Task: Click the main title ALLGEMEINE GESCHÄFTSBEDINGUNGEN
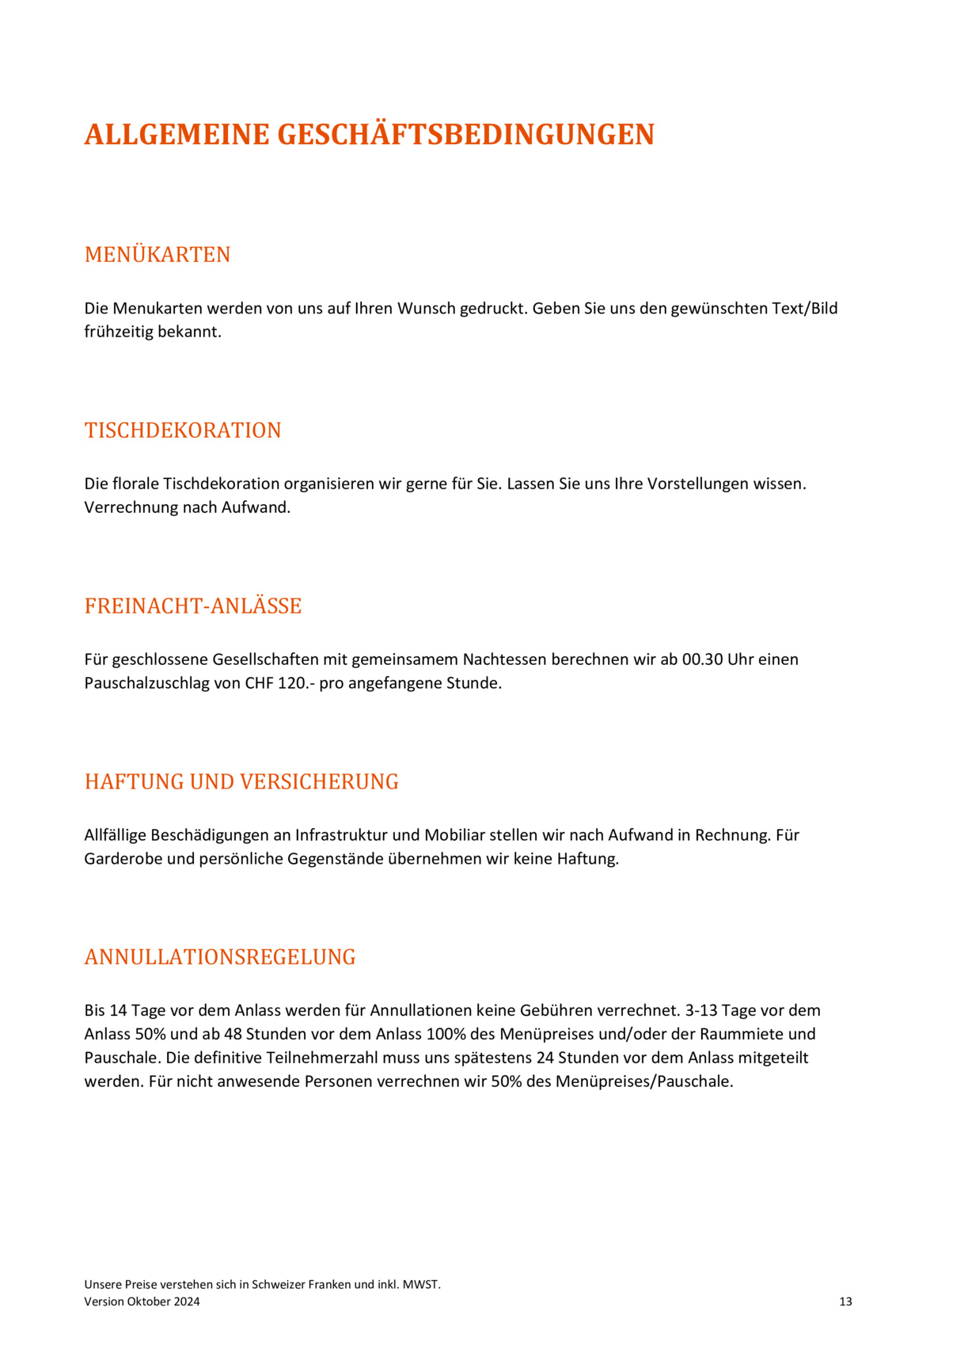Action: point(369,135)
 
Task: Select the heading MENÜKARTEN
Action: point(158,255)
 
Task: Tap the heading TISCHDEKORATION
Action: point(183,431)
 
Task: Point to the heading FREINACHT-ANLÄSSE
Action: point(193,606)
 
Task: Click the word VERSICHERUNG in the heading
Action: point(319,782)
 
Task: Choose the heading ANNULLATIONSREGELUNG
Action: point(220,957)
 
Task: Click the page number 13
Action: point(845,1301)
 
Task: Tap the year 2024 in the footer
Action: point(187,1301)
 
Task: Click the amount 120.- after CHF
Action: point(296,683)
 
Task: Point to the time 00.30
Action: point(703,659)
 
